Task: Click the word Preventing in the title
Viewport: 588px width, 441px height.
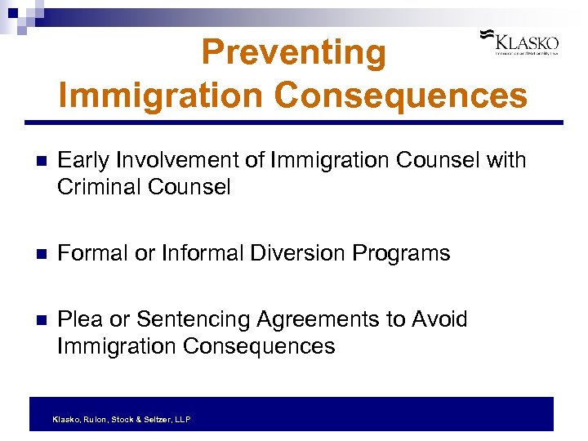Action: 293,53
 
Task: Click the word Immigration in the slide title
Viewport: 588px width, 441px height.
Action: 161,95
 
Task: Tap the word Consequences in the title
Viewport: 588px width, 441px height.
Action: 400,95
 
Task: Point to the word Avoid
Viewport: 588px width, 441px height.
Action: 441,319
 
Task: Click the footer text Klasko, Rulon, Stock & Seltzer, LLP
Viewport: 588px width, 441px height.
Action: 122,419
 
